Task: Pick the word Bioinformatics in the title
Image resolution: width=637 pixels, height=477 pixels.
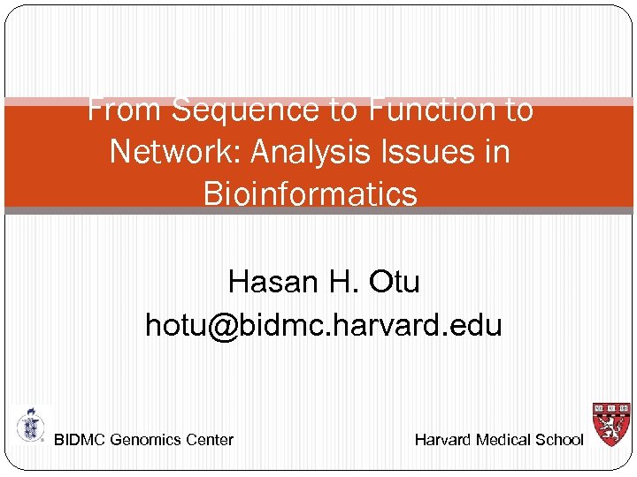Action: pos(311,193)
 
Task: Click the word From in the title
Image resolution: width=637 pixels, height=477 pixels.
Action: pos(125,110)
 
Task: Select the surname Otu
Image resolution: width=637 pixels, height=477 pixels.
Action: pos(394,282)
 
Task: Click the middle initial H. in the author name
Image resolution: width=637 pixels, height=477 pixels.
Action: pos(342,282)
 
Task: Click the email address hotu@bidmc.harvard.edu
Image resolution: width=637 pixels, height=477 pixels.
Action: pos(324,325)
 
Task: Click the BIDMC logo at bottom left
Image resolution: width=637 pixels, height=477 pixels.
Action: pos(30,426)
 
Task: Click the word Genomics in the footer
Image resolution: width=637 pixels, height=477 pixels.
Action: pos(147,440)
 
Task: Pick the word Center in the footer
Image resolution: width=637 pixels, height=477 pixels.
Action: pos(211,440)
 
